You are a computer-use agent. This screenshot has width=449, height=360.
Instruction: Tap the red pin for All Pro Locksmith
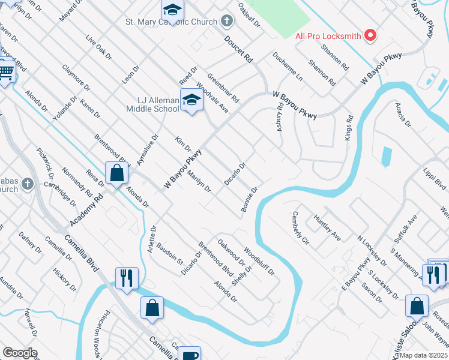pyautogui.click(x=370, y=35)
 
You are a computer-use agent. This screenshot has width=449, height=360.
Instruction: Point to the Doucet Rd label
pyautogui.click(x=238, y=50)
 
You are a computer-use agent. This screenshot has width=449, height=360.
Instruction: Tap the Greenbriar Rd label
pyautogui.click(x=223, y=87)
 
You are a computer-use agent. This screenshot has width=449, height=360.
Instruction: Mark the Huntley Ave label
pyautogui.click(x=327, y=229)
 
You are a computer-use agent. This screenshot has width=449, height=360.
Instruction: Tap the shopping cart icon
pyautogui.click(x=6, y=72)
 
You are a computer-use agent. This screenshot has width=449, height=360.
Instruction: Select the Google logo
pyautogui.click(x=20, y=353)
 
